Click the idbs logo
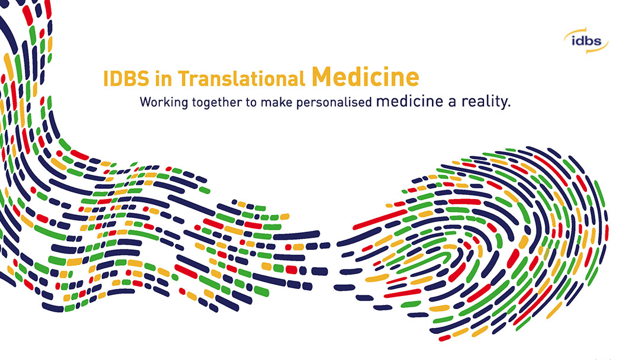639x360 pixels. coord(586,41)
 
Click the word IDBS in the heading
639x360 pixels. coord(127,79)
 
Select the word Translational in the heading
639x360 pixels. coord(241,78)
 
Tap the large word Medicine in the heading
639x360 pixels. coord(365,76)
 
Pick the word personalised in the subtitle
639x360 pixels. coord(334,102)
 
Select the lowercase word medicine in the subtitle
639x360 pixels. coord(409,101)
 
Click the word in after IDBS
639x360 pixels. coord(163,79)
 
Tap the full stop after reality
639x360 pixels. coord(509,106)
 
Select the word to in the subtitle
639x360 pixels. coord(251,102)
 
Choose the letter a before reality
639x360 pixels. coord(452,102)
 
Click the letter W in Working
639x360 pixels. coord(146,102)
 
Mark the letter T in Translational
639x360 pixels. coord(183,79)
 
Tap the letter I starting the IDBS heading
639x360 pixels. coord(105,79)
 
